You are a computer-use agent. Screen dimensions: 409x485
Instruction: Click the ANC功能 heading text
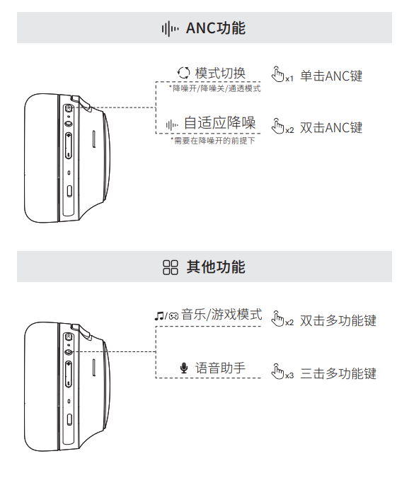click(x=216, y=28)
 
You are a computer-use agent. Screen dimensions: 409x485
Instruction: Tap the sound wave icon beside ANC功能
click(x=170, y=29)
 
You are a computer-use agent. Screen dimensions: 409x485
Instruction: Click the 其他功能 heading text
click(x=216, y=267)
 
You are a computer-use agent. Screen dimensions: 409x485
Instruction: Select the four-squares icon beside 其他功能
click(x=171, y=267)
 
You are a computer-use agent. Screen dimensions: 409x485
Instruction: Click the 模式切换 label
click(x=220, y=74)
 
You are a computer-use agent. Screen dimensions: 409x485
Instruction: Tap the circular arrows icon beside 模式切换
click(x=183, y=73)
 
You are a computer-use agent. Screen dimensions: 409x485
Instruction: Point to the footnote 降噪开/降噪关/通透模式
click(x=215, y=88)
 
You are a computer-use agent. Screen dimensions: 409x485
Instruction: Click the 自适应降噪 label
click(x=219, y=123)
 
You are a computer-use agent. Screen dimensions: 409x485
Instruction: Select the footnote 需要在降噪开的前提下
click(x=213, y=141)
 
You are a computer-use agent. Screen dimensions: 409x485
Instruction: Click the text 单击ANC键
click(x=331, y=76)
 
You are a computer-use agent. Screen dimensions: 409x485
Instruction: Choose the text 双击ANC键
click(x=331, y=128)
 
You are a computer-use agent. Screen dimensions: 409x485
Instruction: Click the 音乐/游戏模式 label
click(x=221, y=315)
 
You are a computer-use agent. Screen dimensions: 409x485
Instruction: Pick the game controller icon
click(x=173, y=316)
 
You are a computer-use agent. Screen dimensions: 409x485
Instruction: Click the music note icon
click(x=159, y=316)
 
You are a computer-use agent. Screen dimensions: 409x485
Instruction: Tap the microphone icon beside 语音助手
click(x=184, y=368)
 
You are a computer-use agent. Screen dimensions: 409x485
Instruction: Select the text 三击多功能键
click(x=338, y=373)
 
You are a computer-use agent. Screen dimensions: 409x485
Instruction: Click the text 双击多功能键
click(x=338, y=320)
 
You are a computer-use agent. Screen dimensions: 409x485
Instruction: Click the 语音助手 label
click(x=220, y=368)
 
